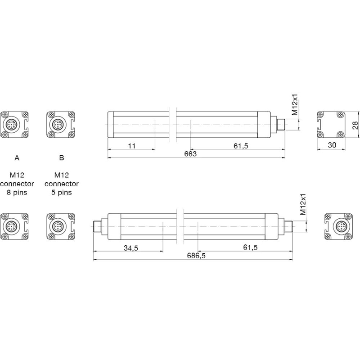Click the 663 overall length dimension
[x=190, y=153]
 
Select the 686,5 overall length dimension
[x=196, y=256]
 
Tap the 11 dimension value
[x=132, y=146]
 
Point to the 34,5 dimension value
[x=131, y=248]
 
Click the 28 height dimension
[x=355, y=125]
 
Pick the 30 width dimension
[x=332, y=145]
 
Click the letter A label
[x=17, y=158]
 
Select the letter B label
[x=62, y=158]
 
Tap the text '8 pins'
[x=17, y=193]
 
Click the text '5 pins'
[x=62, y=193]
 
